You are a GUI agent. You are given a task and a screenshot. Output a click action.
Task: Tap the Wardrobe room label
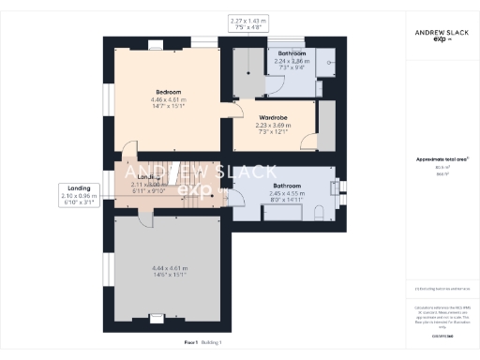tap(272, 117)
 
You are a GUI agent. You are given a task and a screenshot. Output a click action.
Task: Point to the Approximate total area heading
tap(442, 158)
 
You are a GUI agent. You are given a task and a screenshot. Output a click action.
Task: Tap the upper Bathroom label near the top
tap(292, 53)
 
